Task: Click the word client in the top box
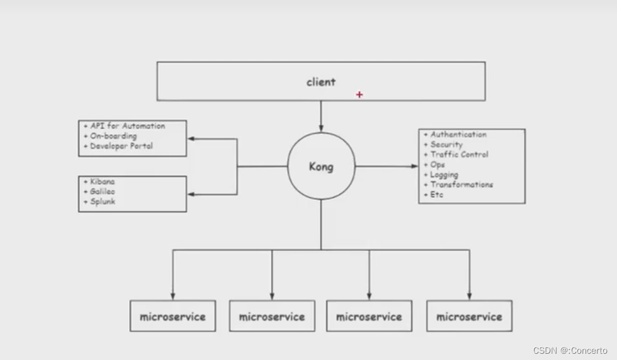click(x=321, y=82)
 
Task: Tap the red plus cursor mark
click(x=359, y=94)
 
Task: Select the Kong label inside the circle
click(x=321, y=167)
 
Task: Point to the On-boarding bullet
click(x=113, y=136)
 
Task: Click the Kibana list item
click(x=102, y=181)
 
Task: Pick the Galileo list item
click(x=102, y=191)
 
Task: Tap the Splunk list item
click(x=103, y=201)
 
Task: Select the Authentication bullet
click(x=458, y=134)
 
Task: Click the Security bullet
click(x=446, y=144)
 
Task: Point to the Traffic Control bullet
click(x=459, y=154)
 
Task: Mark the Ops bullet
click(x=438, y=164)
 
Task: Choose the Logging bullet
click(x=444, y=174)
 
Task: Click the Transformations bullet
click(x=461, y=184)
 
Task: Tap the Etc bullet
click(x=437, y=194)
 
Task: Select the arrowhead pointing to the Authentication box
click(x=414, y=167)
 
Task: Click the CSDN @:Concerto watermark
click(x=570, y=351)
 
